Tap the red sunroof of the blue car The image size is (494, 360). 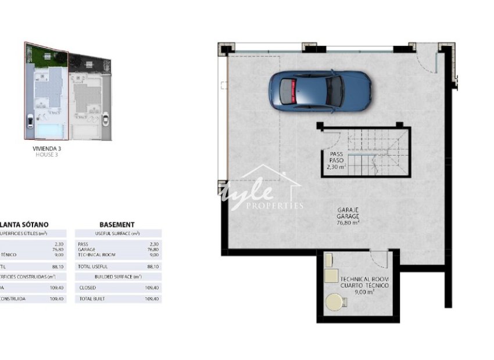tap(293, 91)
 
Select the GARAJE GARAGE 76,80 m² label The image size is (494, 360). tap(348, 215)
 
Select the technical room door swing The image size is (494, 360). tap(379, 258)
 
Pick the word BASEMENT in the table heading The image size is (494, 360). tap(117, 225)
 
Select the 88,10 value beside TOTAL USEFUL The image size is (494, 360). tap(153, 267)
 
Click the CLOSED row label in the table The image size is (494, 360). tap(88, 287)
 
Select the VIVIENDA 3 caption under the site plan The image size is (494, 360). tap(47, 149)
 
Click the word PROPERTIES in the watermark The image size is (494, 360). tap(275, 206)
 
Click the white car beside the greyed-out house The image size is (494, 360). tap(106, 121)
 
